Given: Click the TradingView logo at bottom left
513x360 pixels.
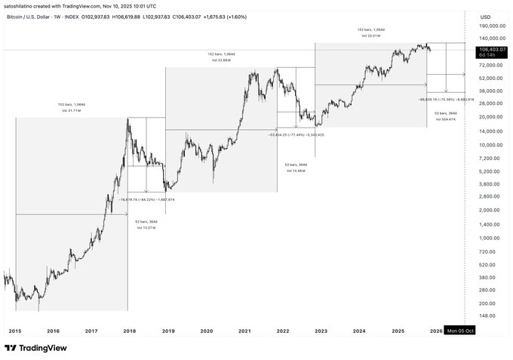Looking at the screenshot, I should pyautogui.click(x=35, y=348).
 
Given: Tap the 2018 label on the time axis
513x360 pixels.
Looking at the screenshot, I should pyautogui.click(x=130, y=331).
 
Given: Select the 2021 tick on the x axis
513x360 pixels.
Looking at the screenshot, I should pyautogui.click(x=244, y=331).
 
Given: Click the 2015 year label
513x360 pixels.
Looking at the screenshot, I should pyautogui.click(x=14, y=331).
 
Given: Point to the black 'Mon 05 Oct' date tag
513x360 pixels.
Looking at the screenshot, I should pyautogui.click(x=460, y=331).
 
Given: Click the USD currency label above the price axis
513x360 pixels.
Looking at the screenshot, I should pyautogui.click(x=485, y=16).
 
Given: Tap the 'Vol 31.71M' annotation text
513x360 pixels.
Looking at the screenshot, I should pyautogui.click(x=71, y=111).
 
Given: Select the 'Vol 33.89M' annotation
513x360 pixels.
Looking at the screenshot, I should pyautogui.click(x=220, y=60).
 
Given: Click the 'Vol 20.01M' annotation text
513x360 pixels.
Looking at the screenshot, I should pyautogui.click(x=369, y=35).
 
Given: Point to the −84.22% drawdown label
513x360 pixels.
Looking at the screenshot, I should pyautogui.click(x=147, y=200).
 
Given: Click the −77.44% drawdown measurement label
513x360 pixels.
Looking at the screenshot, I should pyautogui.click(x=296, y=134).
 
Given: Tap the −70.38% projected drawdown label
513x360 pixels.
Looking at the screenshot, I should pyautogui.click(x=446, y=99).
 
